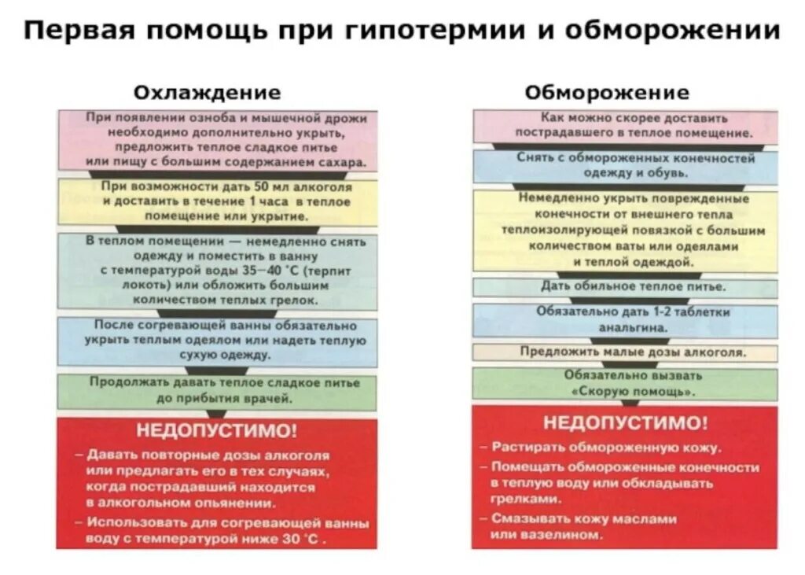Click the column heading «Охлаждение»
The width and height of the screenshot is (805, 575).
[x=207, y=93]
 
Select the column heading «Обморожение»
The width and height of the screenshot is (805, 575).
[x=607, y=93]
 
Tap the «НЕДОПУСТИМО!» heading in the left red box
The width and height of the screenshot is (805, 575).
[x=217, y=431]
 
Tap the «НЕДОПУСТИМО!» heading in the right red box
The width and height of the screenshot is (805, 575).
[x=625, y=422]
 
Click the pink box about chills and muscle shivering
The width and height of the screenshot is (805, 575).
[x=216, y=140]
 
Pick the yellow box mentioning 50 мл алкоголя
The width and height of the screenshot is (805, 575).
[x=216, y=202]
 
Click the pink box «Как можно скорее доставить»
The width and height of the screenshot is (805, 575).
[x=625, y=126]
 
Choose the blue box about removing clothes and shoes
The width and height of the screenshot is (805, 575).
[x=625, y=165]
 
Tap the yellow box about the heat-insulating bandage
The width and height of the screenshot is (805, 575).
[x=625, y=230]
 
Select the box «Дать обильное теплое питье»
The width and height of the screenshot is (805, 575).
[x=625, y=287]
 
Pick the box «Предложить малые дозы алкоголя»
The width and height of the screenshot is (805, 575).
[x=625, y=352]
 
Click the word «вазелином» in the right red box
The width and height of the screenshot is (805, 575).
[x=564, y=535]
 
